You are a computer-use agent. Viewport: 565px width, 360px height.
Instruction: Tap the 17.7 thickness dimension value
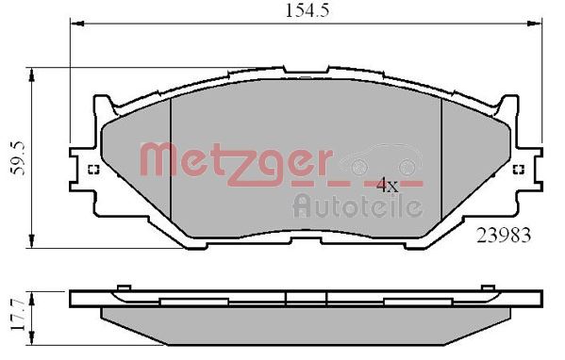[14, 315]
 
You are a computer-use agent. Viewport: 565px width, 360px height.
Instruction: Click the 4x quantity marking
[388, 186]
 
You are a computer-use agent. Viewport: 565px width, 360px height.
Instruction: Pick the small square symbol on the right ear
[518, 171]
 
